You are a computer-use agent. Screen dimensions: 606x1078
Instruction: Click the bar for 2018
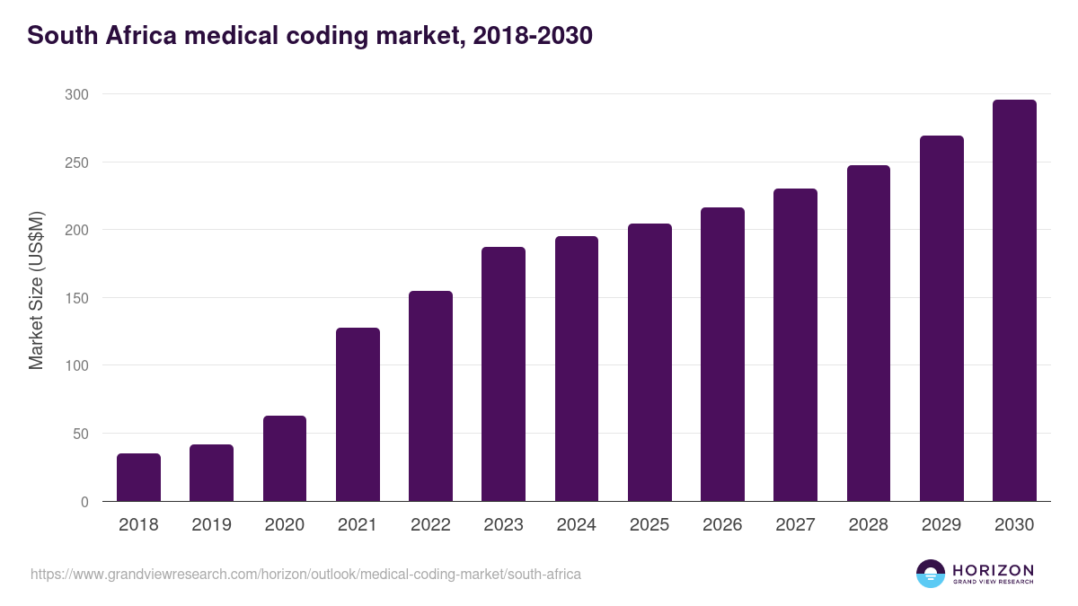point(138,478)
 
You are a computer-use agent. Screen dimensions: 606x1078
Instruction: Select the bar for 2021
point(358,415)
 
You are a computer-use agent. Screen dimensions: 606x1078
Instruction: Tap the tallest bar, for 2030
point(1014,301)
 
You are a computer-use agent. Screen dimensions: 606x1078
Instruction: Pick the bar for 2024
point(577,369)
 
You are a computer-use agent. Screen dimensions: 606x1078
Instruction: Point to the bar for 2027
point(795,345)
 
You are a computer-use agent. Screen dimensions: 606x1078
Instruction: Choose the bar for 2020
point(285,459)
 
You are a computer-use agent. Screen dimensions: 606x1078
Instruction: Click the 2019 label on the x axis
point(211,525)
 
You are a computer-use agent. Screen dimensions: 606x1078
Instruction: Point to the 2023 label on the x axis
point(503,525)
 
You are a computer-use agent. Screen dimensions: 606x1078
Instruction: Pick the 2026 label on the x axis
point(722,525)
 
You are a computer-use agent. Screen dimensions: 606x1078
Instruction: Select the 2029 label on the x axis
point(941,525)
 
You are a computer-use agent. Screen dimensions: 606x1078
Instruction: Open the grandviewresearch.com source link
point(305,574)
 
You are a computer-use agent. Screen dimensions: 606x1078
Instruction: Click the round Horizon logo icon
point(931,574)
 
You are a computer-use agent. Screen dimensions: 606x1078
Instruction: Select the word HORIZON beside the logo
point(993,569)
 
